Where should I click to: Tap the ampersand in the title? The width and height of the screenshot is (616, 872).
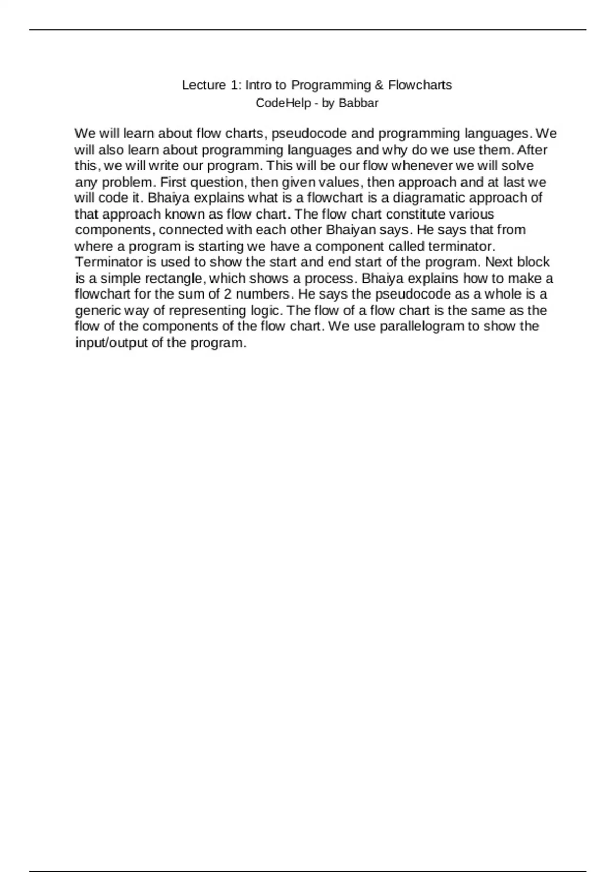coord(379,85)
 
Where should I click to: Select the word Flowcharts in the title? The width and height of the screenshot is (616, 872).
coord(420,85)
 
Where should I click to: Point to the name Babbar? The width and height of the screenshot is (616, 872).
coord(358,103)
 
